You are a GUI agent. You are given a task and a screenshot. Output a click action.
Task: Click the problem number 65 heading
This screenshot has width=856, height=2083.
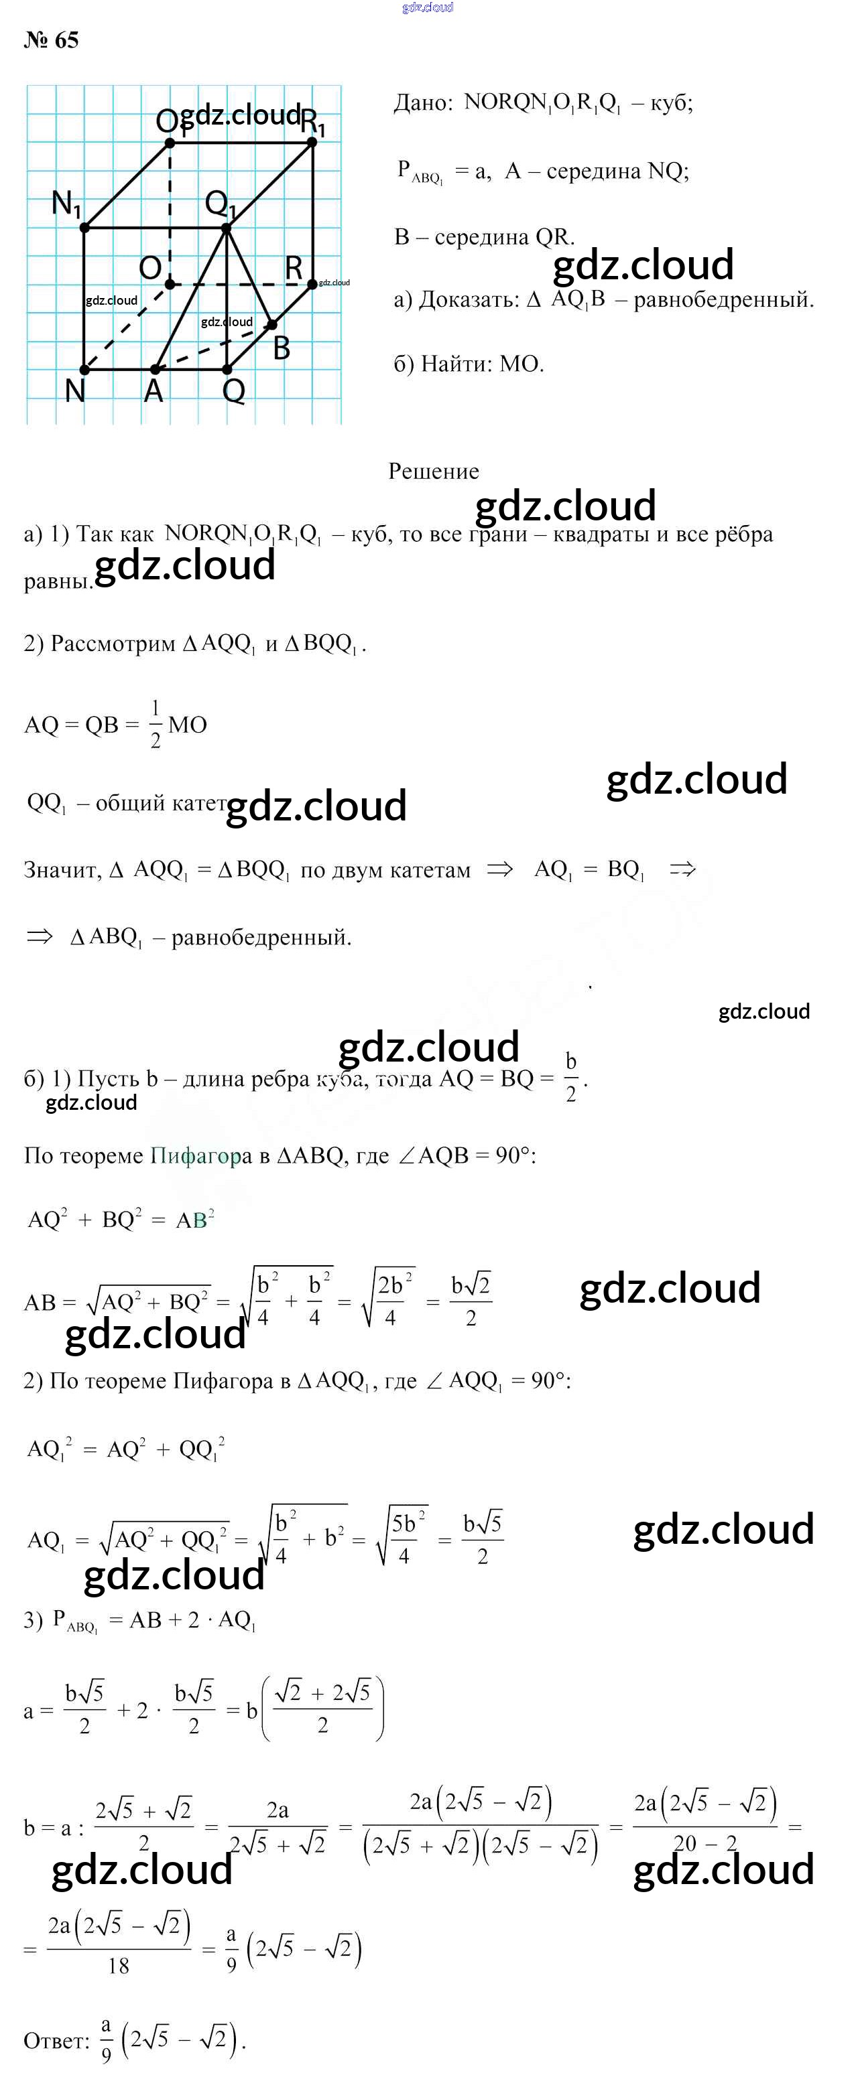click(x=51, y=40)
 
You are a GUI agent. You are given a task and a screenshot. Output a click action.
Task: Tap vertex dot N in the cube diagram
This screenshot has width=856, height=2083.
click(x=85, y=370)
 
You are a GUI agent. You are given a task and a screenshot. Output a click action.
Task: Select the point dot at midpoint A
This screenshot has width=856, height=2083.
click(x=156, y=370)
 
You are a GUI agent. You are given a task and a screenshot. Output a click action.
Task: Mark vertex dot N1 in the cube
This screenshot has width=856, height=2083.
click(x=85, y=228)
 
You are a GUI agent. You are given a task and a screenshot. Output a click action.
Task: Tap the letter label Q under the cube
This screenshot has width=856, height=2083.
click(x=234, y=391)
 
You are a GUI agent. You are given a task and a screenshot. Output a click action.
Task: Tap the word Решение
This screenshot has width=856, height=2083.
click(x=434, y=471)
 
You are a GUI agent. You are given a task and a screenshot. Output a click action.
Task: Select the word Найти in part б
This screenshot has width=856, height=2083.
click(x=456, y=364)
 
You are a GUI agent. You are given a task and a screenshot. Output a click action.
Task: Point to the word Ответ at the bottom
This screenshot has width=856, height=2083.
click(x=56, y=2040)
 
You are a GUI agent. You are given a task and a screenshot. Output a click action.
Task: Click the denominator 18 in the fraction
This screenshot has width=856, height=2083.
click(x=118, y=1966)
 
